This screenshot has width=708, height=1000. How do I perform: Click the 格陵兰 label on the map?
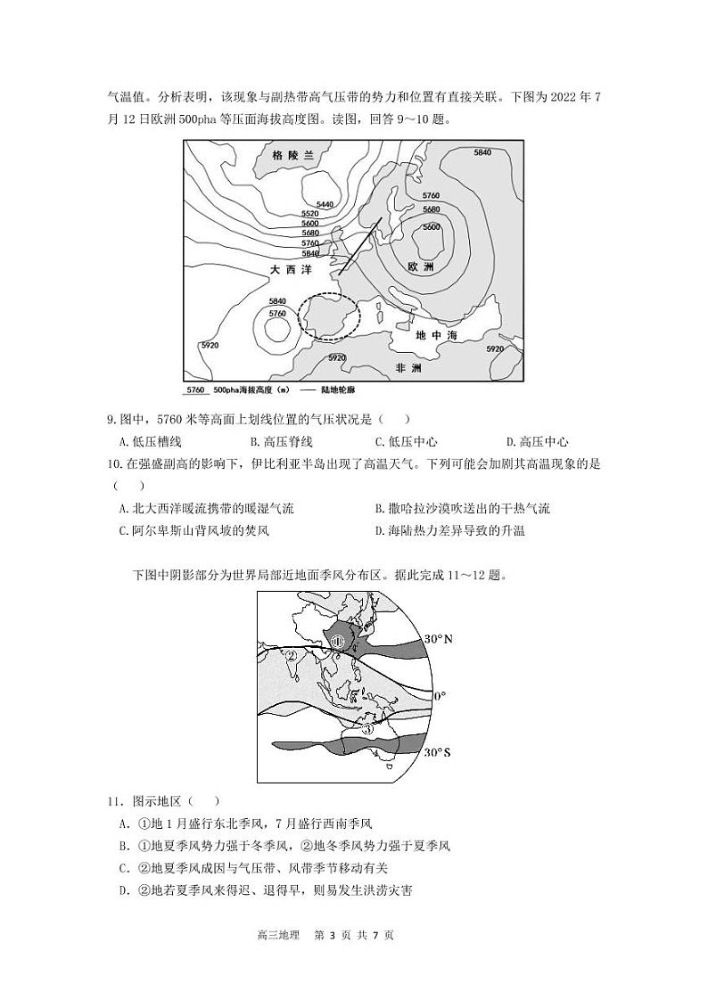pos(294,155)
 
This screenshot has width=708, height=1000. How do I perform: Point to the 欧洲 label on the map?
pos(420,266)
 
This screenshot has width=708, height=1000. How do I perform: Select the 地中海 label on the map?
pos(436,335)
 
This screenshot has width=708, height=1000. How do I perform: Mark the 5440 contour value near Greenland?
pos(325,205)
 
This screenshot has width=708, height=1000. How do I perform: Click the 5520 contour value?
pos(310,214)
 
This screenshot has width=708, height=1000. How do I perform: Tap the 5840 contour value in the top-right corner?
pos(482,153)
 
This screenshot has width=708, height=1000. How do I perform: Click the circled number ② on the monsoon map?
pos(291,657)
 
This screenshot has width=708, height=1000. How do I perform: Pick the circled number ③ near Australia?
pos(368,728)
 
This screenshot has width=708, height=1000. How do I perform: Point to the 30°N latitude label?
pos(439,639)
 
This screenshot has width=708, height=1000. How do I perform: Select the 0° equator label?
pos(440,694)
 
